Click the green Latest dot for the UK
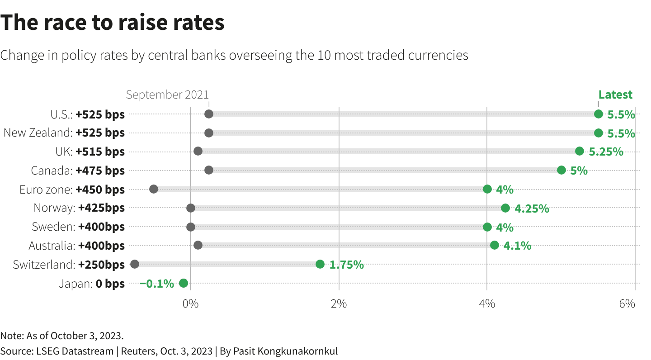tap(580, 151)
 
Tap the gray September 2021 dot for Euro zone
tap(154, 189)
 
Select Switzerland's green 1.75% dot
tap(320, 264)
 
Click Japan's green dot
tap(183, 283)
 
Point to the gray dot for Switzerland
tap(135, 264)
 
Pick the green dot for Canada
tap(561, 170)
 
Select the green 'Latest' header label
tap(615, 95)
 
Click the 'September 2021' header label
tap(167, 95)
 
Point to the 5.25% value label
tap(606, 152)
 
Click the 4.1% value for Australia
tap(517, 246)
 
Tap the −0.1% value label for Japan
tap(157, 284)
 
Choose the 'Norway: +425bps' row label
tap(79, 208)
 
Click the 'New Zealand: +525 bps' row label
tap(64, 133)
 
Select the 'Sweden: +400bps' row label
tap(78, 227)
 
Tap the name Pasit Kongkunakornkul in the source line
tap(285, 351)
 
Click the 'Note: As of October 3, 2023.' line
tap(62, 336)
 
